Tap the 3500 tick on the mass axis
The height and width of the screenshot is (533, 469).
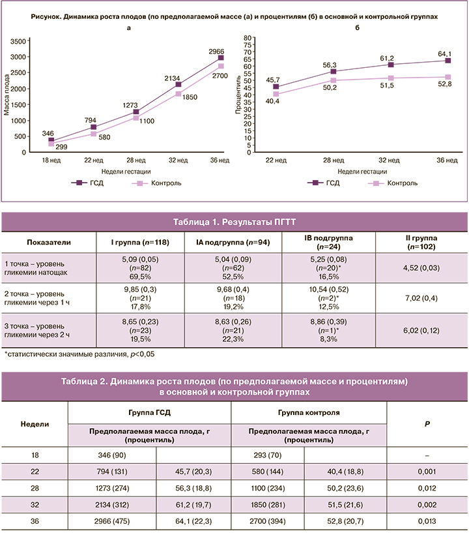[x=37, y=41]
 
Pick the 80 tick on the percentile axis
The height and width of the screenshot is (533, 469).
[x=247, y=38]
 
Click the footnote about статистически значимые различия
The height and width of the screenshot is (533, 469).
[x=79, y=354]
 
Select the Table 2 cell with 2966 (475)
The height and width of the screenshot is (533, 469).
[x=112, y=521]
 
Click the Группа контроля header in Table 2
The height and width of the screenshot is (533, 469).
[x=309, y=413]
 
